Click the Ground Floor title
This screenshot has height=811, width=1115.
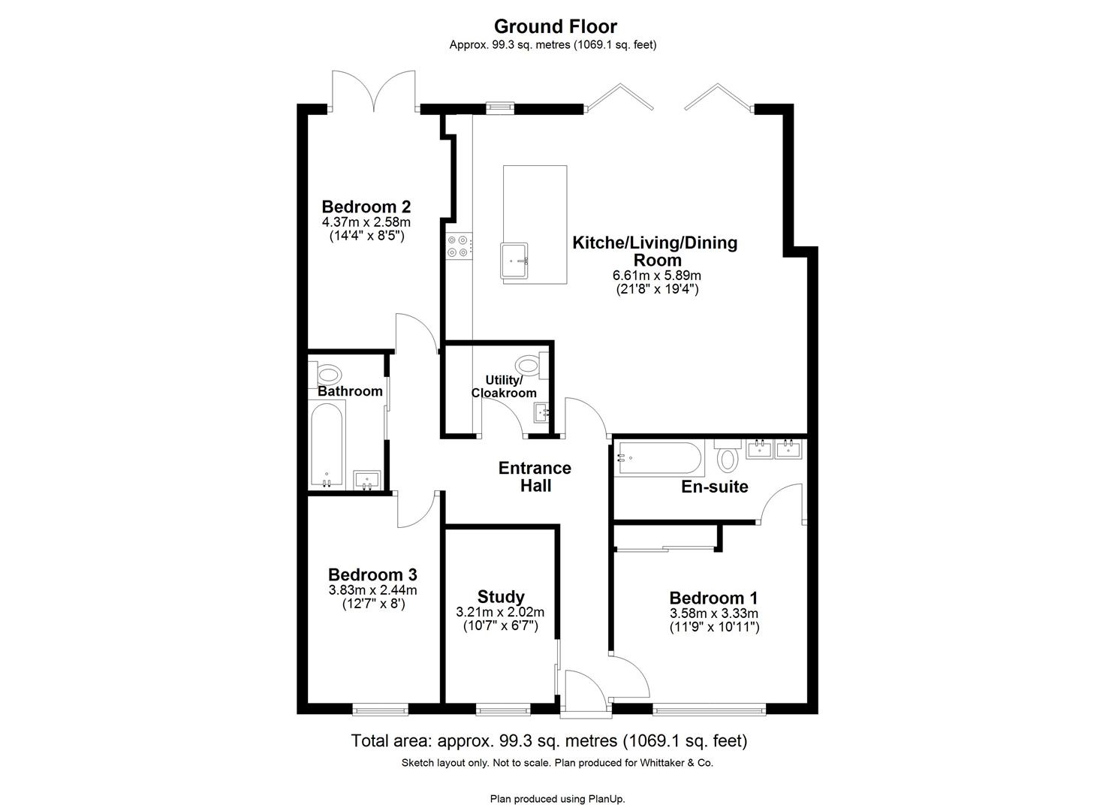click(556, 27)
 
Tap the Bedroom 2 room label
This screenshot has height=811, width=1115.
click(366, 207)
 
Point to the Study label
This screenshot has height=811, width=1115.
click(501, 597)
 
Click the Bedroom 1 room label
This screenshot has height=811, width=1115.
click(713, 598)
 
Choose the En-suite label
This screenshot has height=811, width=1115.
click(714, 487)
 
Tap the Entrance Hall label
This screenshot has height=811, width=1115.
click(535, 477)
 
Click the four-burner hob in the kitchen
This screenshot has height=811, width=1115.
click(460, 246)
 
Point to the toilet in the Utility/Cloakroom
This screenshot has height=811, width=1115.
click(531, 366)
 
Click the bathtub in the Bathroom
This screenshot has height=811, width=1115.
click(327, 445)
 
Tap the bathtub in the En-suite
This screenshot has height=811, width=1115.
click(658, 459)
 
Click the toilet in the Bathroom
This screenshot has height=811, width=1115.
click(328, 373)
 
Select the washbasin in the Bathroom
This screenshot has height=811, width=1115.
click(366, 480)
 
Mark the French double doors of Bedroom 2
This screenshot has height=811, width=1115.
click(374, 93)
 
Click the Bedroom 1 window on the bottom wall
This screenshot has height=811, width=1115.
click(709, 707)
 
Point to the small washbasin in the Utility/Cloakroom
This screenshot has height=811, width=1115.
click(541, 413)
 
